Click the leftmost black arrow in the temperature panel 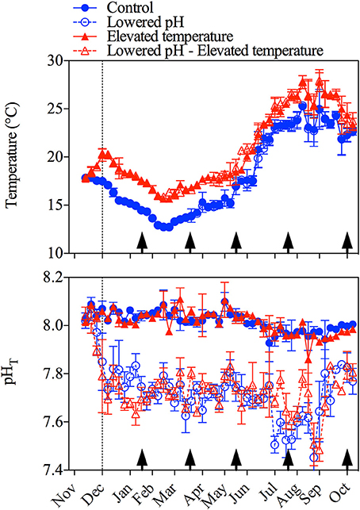click(142, 242)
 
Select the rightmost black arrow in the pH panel click(347, 458)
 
